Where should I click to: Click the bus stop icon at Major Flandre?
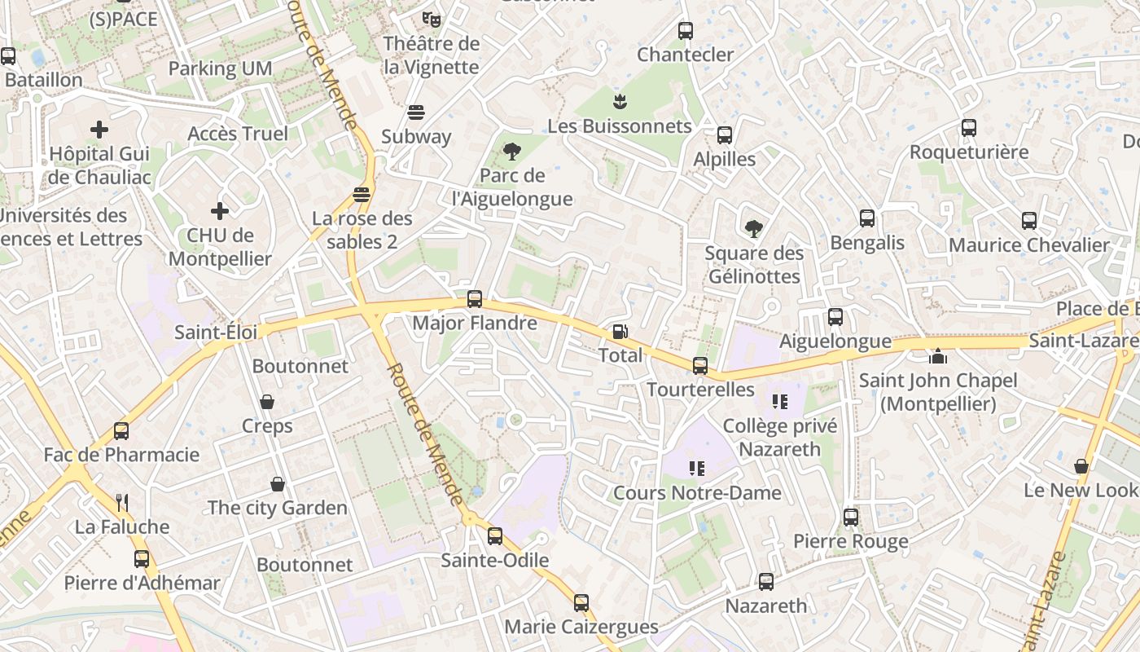click(x=475, y=299)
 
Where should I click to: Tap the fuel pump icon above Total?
click(x=620, y=332)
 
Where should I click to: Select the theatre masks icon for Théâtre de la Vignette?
click(x=431, y=18)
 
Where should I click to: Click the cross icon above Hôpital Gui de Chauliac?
click(x=99, y=129)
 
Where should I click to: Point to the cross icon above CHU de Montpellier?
click(x=220, y=211)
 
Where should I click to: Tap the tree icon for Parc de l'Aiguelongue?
click(x=512, y=151)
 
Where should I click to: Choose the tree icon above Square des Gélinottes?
click(x=754, y=229)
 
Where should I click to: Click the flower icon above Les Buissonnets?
click(x=620, y=102)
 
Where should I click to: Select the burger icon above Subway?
click(x=416, y=112)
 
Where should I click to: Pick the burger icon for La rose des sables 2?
click(x=362, y=195)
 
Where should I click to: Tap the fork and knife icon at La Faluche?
click(x=122, y=502)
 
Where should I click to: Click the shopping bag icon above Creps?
click(x=267, y=402)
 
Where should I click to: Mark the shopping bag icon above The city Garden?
click(x=278, y=484)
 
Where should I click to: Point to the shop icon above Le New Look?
click(x=1081, y=466)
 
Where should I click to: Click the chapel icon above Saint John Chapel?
click(x=938, y=357)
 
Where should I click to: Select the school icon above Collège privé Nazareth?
click(x=780, y=402)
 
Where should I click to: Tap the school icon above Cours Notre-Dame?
click(x=697, y=469)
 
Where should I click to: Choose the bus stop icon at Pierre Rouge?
click(x=851, y=517)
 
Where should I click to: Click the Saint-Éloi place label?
click(x=216, y=333)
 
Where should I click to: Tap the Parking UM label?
click(x=220, y=68)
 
